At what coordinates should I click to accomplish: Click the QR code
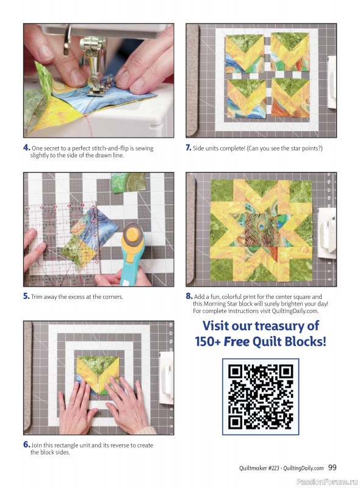260,396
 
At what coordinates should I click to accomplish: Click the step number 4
26,148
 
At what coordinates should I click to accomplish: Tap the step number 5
26,296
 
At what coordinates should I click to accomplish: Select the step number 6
26,445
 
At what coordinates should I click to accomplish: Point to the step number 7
189,148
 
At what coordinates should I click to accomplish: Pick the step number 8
189,296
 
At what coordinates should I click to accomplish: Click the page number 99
332,468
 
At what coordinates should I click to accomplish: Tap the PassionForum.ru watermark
326,481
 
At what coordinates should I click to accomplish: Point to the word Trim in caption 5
37,297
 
